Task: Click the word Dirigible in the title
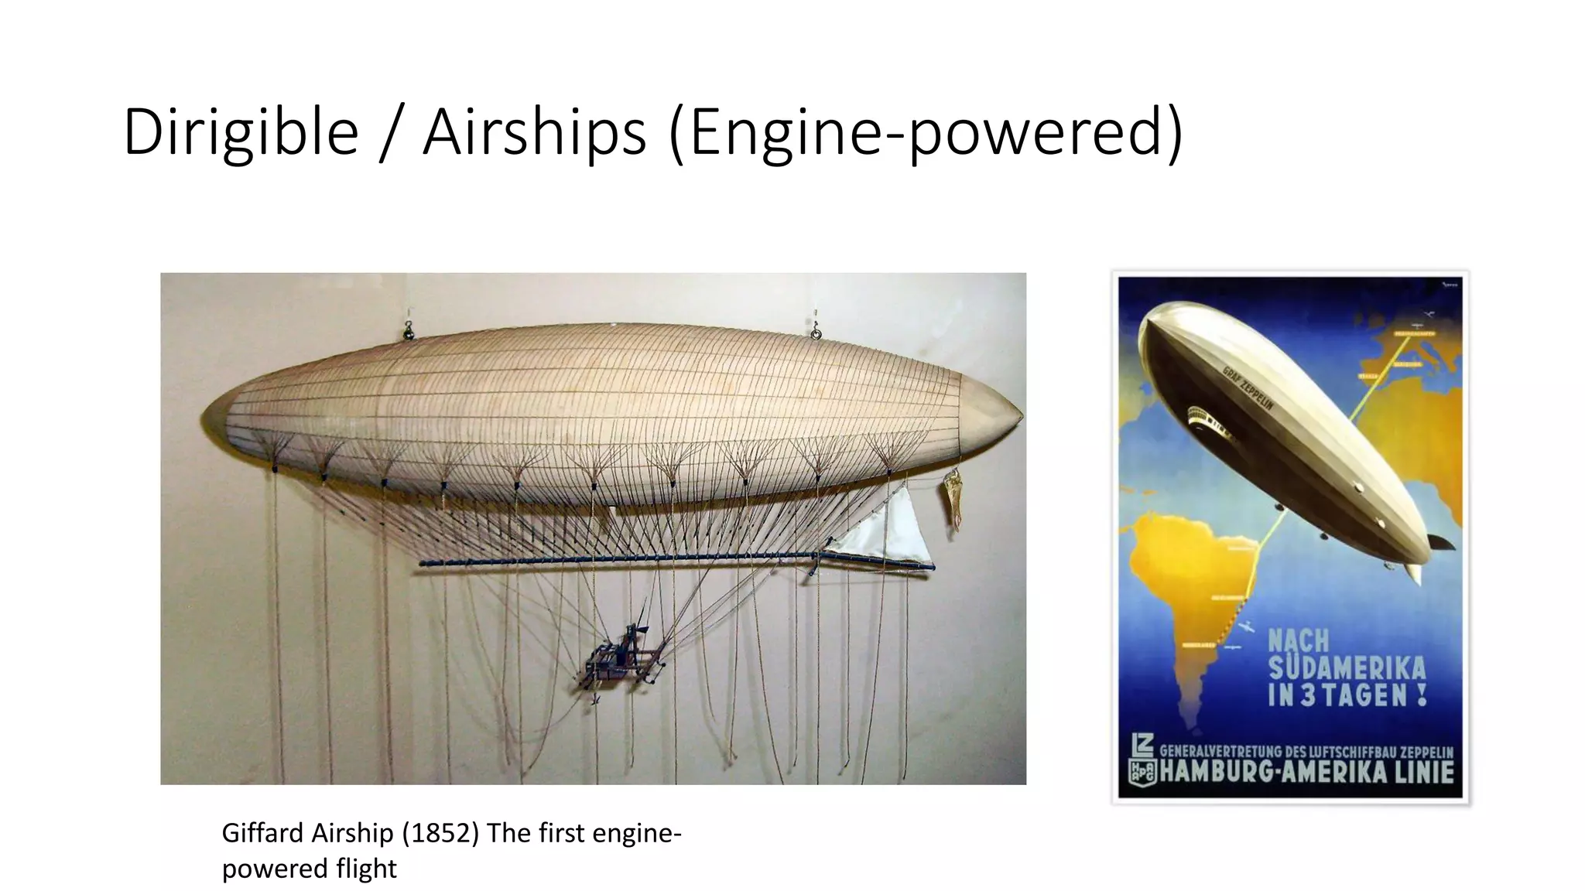[x=241, y=132]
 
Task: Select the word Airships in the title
[x=534, y=132]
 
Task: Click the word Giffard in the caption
[x=263, y=833]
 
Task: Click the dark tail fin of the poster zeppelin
[x=1441, y=541]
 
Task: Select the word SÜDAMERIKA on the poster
[x=1347, y=668]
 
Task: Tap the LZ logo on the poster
[x=1142, y=746]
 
